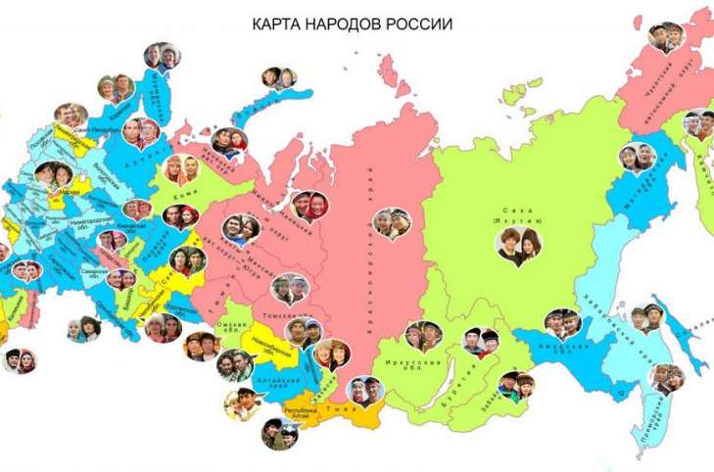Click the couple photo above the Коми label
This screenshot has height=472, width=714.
pyautogui.click(x=183, y=168)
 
